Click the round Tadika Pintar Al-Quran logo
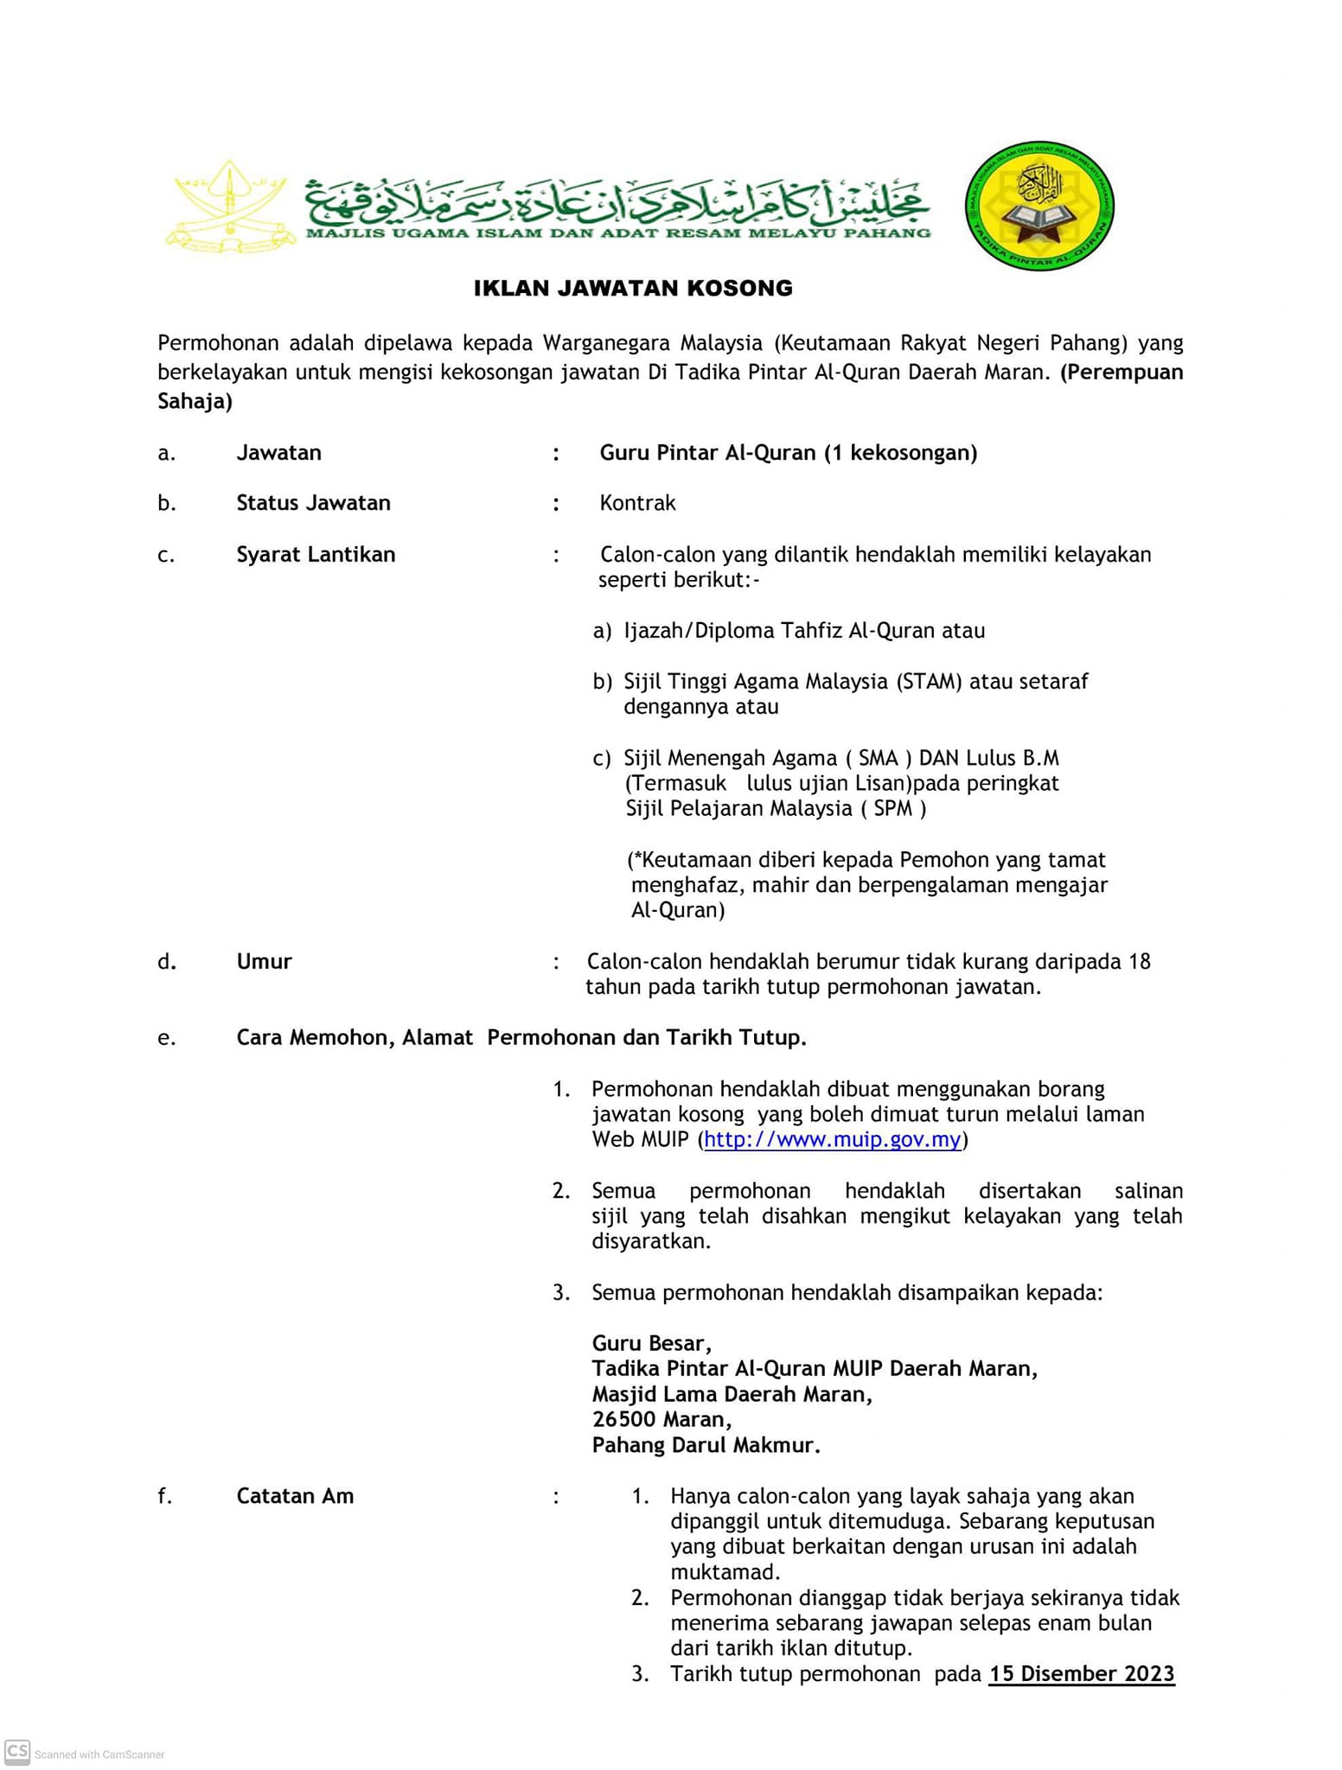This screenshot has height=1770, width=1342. [x=1038, y=207]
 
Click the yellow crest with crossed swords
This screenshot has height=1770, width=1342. [x=230, y=207]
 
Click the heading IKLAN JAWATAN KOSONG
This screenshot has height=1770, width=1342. [x=633, y=289]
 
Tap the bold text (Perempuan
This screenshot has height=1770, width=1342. [x=1122, y=372]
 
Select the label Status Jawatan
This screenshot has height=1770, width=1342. [x=313, y=503]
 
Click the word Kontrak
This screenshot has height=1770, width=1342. [x=637, y=503]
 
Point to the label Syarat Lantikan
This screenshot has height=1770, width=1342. [x=316, y=554]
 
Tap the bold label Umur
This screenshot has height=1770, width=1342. [x=264, y=961]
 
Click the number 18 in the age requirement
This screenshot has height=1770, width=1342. [x=1139, y=961]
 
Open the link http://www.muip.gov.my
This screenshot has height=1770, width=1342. [x=832, y=1139]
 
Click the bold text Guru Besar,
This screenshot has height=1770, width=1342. [x=651, y=1343]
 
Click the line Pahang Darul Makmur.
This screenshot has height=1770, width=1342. [x=706, y=1445]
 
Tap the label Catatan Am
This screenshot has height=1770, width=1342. [x=295, y=1496]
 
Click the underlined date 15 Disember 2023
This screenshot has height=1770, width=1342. [x=1082, y=1674]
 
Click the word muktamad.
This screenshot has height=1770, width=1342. [x=725, y=1572]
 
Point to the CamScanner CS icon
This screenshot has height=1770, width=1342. [x=17, y=1752]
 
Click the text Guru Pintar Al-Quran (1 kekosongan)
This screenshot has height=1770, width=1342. [x=788, y=453]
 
